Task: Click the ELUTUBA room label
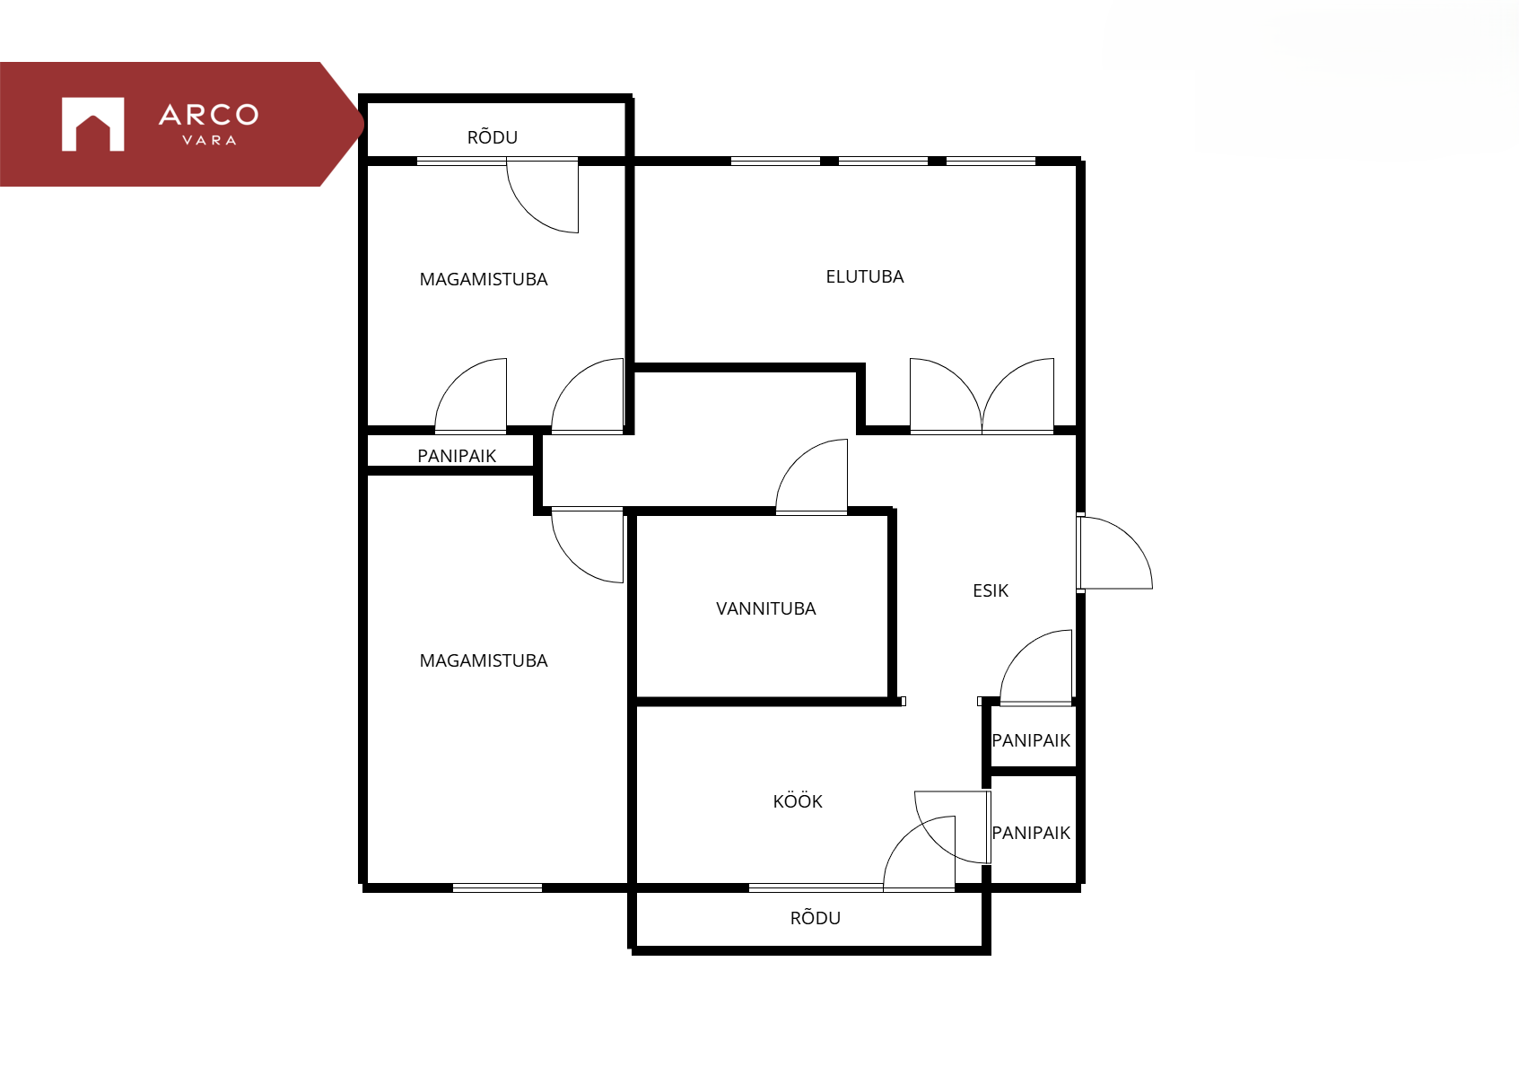point(865,276)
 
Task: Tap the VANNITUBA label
point(765,608)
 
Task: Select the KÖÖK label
point(798,800)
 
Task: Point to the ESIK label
point(990,590)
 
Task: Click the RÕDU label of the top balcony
point(493,136)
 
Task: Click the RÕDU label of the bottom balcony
point(815,917)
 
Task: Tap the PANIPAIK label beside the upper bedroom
point(457,456)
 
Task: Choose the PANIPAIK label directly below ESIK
point(1031,740)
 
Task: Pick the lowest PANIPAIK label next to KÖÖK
point(1031,833)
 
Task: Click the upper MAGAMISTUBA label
point(484,279)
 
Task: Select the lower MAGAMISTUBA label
point(484,660)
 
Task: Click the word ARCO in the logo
point(209,115)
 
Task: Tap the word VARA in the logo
point(210,140)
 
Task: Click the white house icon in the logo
point(93,124)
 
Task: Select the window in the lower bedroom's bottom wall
point(497,888)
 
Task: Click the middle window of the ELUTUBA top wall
point(883,161)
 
